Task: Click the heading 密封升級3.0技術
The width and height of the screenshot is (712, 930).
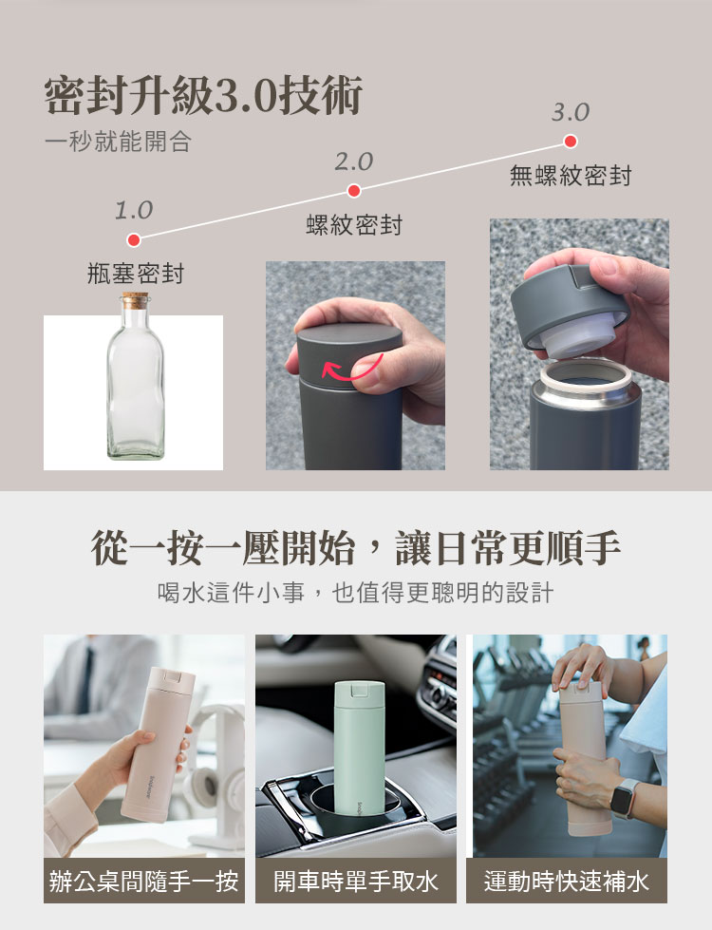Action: click(x=203, y=96)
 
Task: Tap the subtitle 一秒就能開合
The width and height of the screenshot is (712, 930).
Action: click(x=118, y=142)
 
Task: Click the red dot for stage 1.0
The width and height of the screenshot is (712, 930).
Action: click(x=134, y=239)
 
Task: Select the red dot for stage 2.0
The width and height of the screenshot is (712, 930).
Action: click(x=354, y=190)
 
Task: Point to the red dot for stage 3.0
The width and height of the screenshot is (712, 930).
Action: click(x=571, y=142)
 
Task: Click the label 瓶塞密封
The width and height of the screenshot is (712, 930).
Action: click(x=136, y=274)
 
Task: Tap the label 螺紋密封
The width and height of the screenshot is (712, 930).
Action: click(x=354, y=225)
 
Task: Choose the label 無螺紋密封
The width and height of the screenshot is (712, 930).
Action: click(x=571, y=176)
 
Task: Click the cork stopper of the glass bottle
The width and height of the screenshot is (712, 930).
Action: click(x=136, y=300)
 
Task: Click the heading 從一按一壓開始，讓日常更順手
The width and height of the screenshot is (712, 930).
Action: click(x=356, y=547)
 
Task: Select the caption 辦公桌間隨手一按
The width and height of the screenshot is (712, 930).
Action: click(x=144, y=881)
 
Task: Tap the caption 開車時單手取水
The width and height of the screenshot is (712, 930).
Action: click(x=356, y=881)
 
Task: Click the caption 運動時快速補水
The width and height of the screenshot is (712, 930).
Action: click(x=567, y=881)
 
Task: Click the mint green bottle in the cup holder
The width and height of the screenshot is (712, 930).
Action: click(x=359, y=748)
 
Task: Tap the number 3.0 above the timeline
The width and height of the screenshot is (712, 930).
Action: click(x=571, y=112)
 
